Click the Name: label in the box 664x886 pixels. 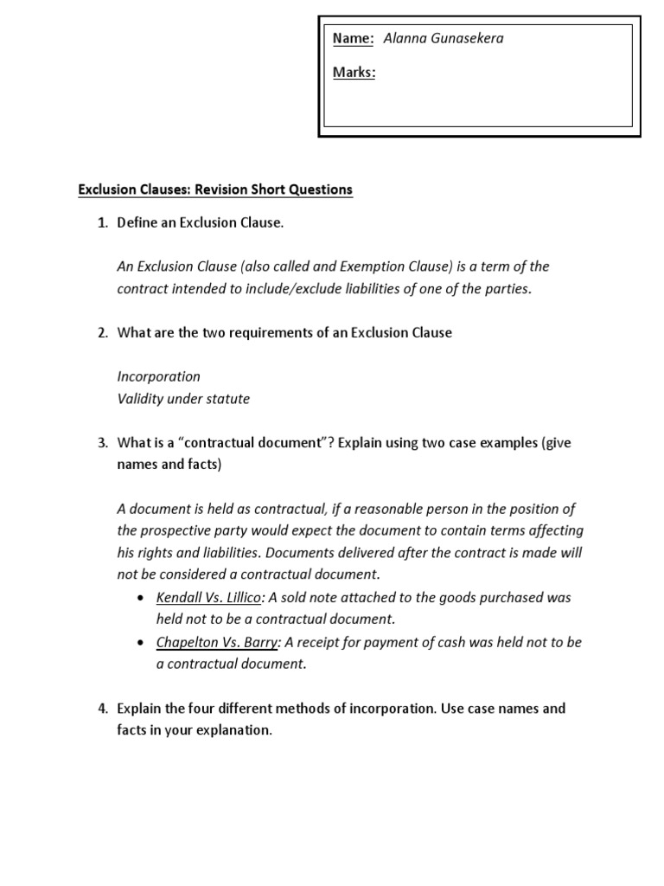354,39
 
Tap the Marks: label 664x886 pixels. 354,73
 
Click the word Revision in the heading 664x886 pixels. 239,189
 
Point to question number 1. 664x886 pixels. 101,223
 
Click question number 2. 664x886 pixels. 101,333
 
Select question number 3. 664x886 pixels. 101,443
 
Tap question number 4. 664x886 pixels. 101,709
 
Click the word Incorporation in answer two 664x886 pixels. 158,377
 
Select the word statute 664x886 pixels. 227,399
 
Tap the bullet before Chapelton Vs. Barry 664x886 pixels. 140,643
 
